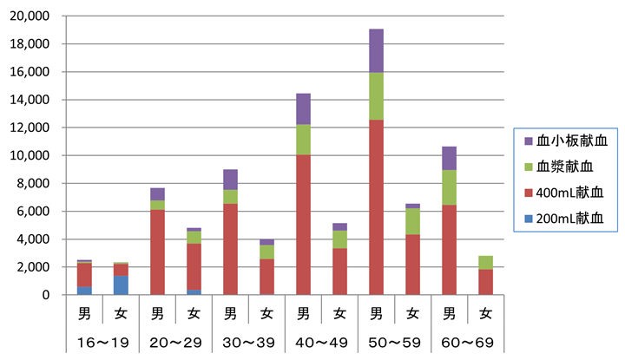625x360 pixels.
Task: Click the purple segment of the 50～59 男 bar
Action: click(x=376, y=51)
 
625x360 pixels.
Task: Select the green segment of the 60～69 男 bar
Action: click(x=450, y=187)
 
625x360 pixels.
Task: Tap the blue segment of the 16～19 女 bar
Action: click(x=121, y=285)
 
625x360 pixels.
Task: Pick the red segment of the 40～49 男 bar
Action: click(x=303, y=225)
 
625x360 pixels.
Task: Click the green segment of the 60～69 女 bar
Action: click(x=485, y=263)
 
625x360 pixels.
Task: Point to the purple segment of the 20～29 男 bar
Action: click(x=157, y=194)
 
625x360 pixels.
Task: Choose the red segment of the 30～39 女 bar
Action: click(x=267, y=277)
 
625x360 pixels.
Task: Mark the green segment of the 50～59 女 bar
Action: click(x=412, y=221)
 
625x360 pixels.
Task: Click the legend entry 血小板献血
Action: click(x=566, y=141)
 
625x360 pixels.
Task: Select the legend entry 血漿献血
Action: click(x=559, y=167)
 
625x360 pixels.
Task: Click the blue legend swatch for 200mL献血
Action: click(x=529, y=219)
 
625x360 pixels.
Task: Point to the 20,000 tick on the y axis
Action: click(x=30, y=16)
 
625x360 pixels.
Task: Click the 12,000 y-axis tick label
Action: click(x=30, y=128)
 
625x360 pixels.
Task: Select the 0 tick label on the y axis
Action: click(x=46, y=295)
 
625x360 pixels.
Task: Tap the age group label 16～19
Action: click(x=102, y=343)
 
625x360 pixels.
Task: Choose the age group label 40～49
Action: click(x=322, y=343)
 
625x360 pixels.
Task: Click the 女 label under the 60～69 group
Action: click(x=485, y=314)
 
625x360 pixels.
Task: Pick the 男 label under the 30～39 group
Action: click(x=230, y=314)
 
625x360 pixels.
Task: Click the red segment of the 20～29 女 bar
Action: click(x=194, y=267)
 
